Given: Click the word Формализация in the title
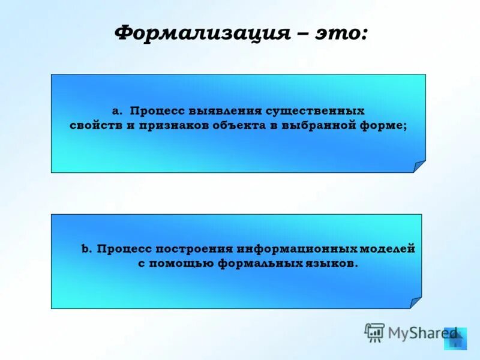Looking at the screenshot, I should click(x=200, y=32).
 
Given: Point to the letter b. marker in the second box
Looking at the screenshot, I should click(x=86, y=249).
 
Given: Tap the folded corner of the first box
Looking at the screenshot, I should click(x=420, y=167).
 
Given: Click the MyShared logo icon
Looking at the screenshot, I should click(x=374, y=332).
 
